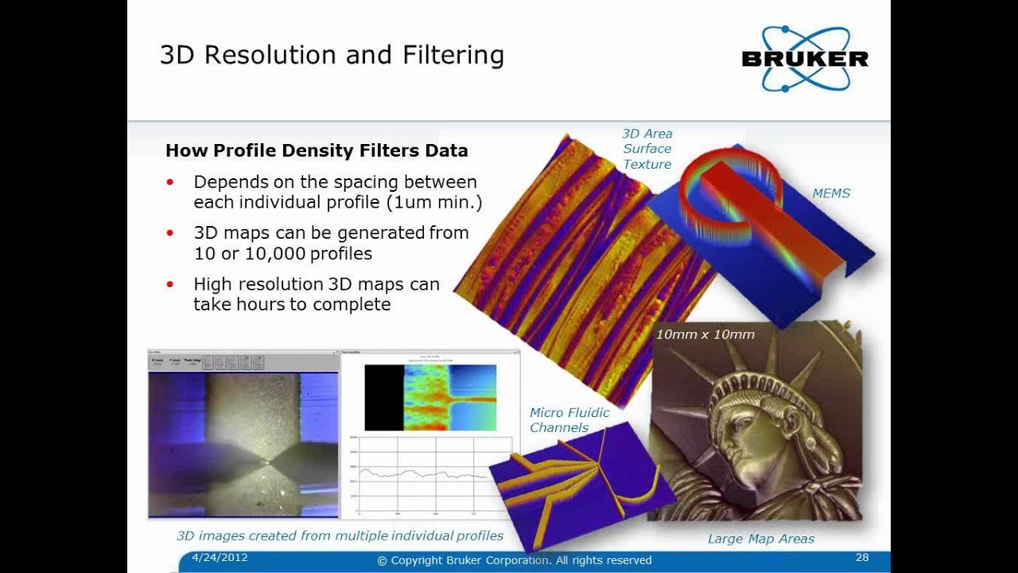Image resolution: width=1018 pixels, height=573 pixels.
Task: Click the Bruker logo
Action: click(x=804, y=58)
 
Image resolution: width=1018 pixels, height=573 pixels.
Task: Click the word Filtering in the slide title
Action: click(x=453, y=55)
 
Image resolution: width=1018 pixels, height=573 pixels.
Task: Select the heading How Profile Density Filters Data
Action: click(x=317, y=150)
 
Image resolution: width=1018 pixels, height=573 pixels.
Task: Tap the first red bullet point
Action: click(x=169, y=182)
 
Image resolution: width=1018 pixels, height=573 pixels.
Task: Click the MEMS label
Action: click(x=831, y=193)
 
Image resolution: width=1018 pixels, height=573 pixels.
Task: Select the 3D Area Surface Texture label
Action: click(x=647, y=149)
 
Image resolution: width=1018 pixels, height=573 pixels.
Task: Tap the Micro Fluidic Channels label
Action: click(x=569, y=420)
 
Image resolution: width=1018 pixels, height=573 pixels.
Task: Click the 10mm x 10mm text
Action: click(x=705, y=334)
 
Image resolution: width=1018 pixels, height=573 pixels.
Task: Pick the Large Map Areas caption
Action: click(x=761, y=539)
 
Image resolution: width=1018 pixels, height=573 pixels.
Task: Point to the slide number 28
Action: click(x=862, y=558)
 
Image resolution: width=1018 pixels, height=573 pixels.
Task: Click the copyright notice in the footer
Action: click(x=515, y=560)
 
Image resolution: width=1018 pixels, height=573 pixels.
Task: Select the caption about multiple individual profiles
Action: click(x=340, y=536)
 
